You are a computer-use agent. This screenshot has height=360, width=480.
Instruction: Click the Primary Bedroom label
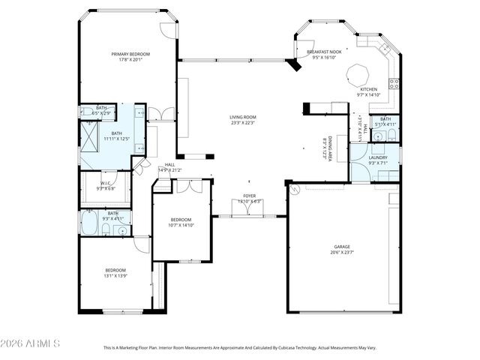coord(130,54)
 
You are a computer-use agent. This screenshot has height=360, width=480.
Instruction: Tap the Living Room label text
coord(243,117)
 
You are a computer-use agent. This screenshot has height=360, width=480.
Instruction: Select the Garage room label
coord(342,247)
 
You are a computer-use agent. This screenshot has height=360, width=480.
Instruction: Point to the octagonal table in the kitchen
coord(358,75)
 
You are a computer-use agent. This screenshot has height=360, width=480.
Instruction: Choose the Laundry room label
coord(377,157)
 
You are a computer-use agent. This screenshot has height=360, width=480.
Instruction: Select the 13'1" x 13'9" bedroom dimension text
coord(115,276)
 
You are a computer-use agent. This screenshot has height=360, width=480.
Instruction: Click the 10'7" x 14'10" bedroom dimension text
coord(181,226)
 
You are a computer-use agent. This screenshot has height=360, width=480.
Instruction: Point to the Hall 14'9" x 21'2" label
coord(169,167)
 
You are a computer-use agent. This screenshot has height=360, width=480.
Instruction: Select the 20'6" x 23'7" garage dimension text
coord(342,253)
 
